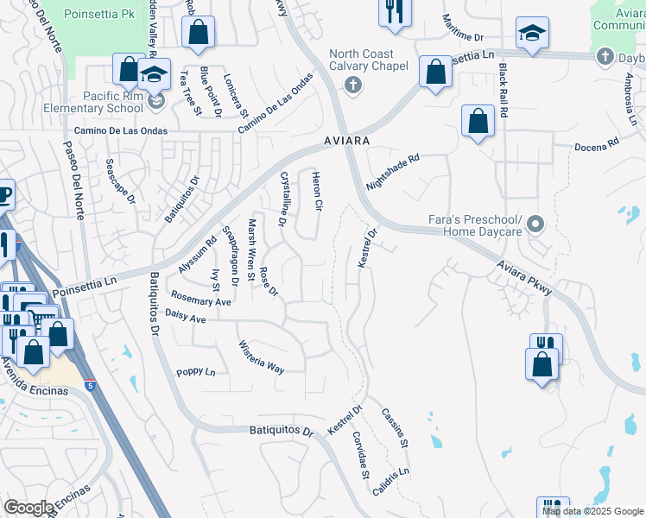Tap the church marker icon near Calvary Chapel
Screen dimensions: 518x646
coord(351,85)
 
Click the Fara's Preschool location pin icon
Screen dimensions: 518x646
coord(535,225)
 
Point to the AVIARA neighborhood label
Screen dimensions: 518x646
coord(347,140)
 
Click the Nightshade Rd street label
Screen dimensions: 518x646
coord(392,172)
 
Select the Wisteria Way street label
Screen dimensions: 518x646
coord(262,356)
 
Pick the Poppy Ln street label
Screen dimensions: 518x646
coord(195,372)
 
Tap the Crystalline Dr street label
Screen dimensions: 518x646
coord(282,198)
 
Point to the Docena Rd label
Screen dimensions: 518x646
coord(601,142)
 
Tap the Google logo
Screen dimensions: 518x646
coord(28,508)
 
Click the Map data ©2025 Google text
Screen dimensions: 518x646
coord(592,511)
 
